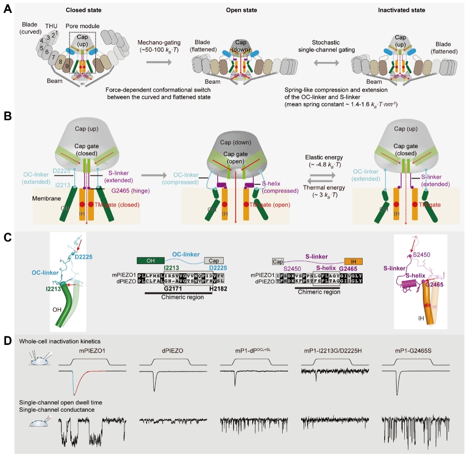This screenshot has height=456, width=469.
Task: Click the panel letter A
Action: pyautogui.click(x=7, y=9)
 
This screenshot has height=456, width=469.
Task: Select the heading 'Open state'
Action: pyautogui.click(x=241, y=10)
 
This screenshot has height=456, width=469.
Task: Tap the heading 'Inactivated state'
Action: pyautogui.click(x=401, y=10)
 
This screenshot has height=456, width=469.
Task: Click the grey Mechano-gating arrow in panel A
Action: pyautogui.click(x=159, y=62)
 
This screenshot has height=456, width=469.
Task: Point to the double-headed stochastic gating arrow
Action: pyautogui.click(x=326, y=63)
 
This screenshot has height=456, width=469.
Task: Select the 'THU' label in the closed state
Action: pyautogui.click(x=51, y=26)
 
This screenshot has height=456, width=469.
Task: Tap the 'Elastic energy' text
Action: pyautogui.click(x=324, y=157)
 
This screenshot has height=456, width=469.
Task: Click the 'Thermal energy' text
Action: pyautogui.click(x=324, y=187)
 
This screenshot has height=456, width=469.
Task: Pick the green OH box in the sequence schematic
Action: pyautogui.click(x=151, y=261)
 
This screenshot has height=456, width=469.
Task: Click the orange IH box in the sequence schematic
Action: pyautogui.click(x=353, y=261)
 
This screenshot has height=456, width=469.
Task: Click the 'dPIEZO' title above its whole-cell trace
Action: pyautogui.click(x=172, y=351)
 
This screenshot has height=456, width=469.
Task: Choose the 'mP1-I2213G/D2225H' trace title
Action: pyautogui.click(x=333, y=351)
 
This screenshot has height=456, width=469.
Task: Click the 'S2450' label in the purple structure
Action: pyautogui.click(x=422, y=255)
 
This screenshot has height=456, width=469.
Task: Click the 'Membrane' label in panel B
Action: pyautogui.click(x=47, y=198)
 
